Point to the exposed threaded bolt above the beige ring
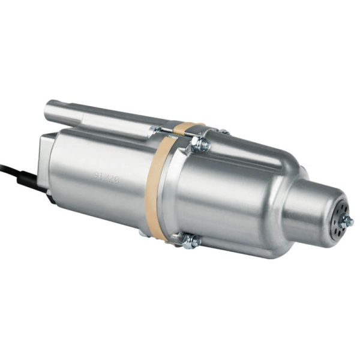tap(174, 136)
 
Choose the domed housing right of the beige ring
tap(234, 198)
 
